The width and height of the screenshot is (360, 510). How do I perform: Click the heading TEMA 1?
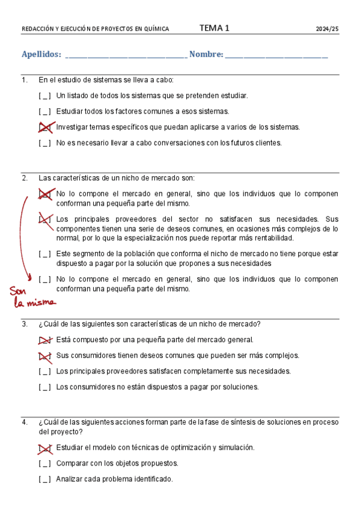[x=214, y=28]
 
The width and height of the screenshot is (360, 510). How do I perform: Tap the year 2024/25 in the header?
[x=328, y=29]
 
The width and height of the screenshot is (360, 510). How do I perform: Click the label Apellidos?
[x=41, y=55]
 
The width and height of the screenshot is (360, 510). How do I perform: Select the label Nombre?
[x=206, y=55]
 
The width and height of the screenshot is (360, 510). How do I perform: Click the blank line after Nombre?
[x=277, y=56]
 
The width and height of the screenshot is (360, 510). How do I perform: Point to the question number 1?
[x=24, y=80]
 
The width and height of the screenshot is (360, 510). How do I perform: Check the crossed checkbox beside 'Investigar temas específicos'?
[x=45, y=127]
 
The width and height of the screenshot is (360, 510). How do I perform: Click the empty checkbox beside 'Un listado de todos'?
[x=45, y=96]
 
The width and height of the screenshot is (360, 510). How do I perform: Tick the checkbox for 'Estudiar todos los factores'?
[x=45, y=112]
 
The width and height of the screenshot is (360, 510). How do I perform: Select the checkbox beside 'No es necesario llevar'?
[x=45, y=143]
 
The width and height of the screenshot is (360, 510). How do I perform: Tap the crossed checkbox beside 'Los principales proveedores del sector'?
[x=45, y=220]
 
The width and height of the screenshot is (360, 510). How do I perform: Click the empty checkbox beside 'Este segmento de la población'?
[x=45, y=254]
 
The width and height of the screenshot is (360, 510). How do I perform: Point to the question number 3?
[x=25, y=324]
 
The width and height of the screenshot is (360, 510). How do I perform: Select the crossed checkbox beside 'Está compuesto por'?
[x=45, y=340]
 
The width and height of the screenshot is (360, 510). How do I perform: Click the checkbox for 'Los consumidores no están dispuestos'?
[x=45, y=387]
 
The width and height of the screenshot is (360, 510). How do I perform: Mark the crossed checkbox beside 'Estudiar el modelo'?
[x=45, y=448]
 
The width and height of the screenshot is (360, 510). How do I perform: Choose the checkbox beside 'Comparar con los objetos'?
[x=45, y=464]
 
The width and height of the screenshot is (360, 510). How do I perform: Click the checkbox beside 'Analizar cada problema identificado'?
[x=45, y=479]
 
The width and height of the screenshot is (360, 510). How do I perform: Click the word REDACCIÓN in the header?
[x=37, y=29]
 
